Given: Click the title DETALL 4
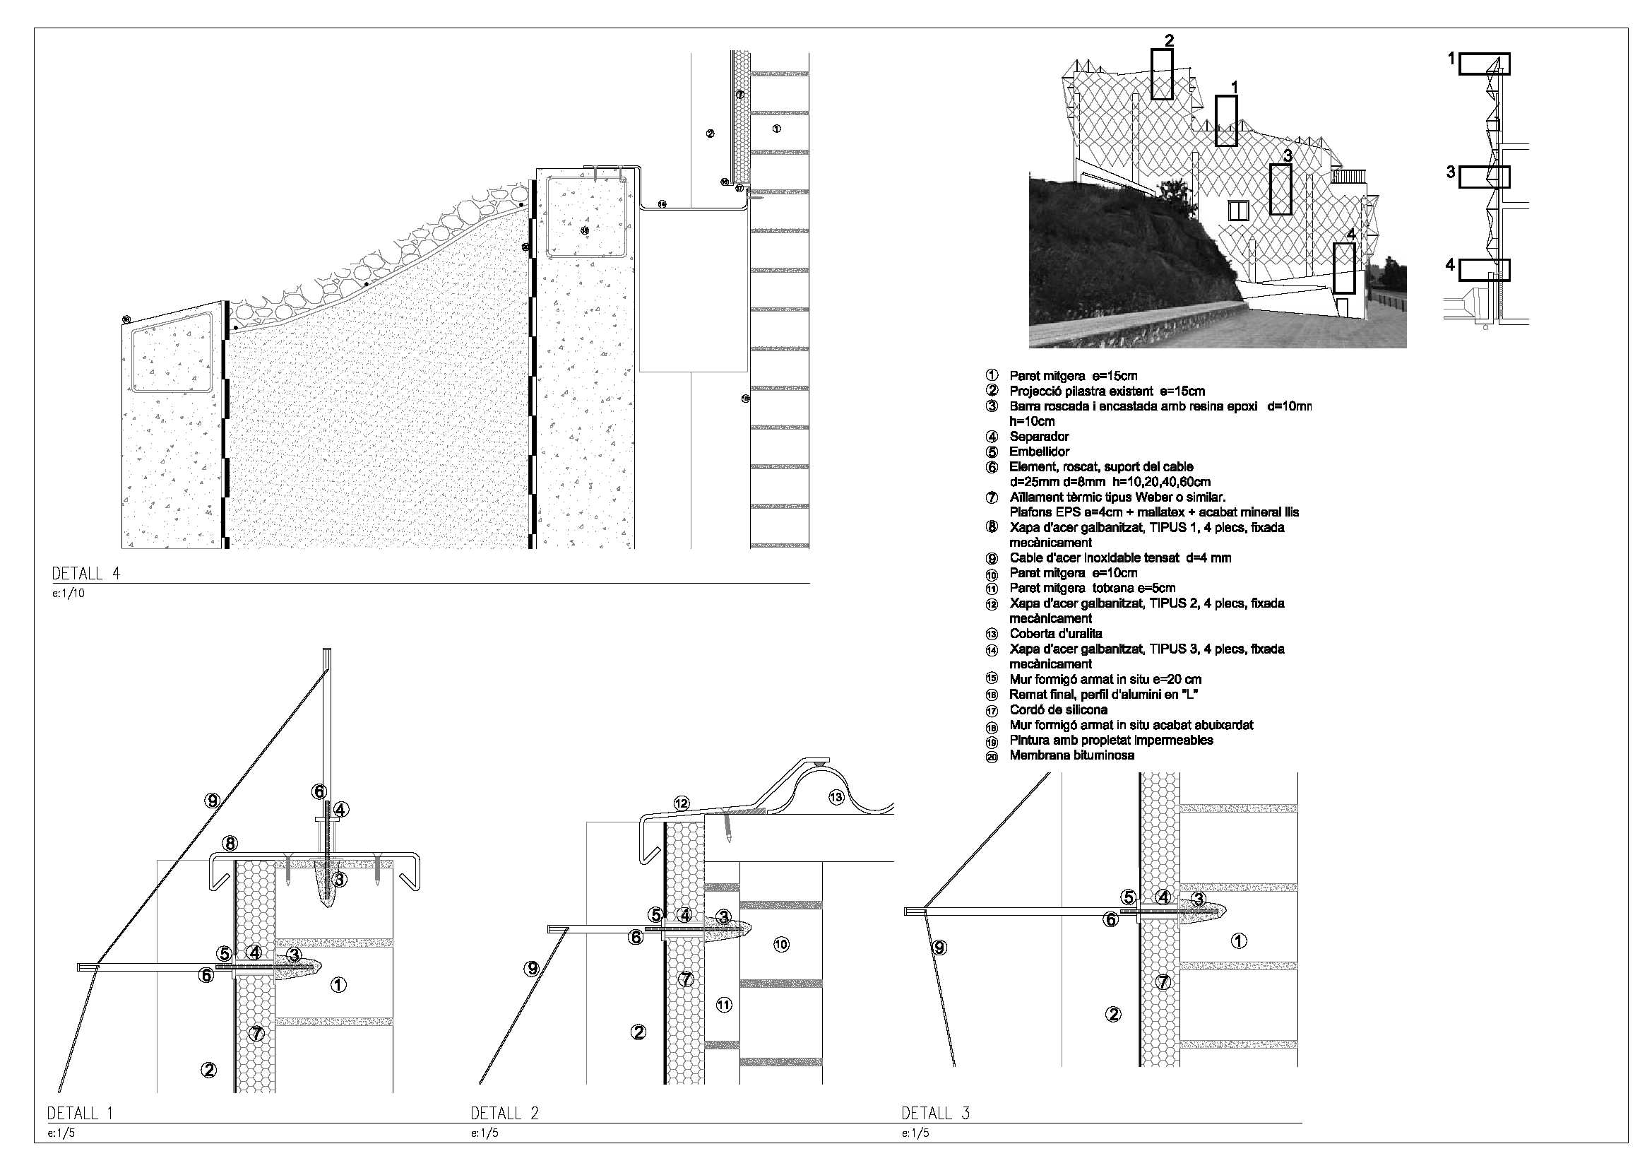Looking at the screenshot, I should (x=85, y=574).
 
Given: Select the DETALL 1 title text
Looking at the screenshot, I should (x=80, y=1114).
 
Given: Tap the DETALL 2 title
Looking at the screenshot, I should (x=504, y=1114).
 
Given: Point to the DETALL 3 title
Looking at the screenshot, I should (x=935, y=1114).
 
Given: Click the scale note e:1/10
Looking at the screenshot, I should (x=69, y=594).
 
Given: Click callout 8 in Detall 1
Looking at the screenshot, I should (x=230, y=843).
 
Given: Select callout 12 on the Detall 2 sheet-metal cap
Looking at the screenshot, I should (x=682, y=803).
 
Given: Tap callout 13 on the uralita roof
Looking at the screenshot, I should (x=836, y=796).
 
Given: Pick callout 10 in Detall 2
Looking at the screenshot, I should (x=781, y=944).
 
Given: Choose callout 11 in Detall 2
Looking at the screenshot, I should (x=724, y=1005).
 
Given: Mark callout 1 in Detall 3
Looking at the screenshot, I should (x=1238, y=940).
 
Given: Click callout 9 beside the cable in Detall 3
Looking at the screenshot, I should (x=939, y=948).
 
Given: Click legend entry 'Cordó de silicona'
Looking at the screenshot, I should (x=1058, y=709).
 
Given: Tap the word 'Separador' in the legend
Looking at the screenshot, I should (x=1039, y=436).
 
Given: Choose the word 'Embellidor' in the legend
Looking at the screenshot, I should (x=1039, y=452).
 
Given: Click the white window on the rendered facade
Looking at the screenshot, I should (x=1238, y=210).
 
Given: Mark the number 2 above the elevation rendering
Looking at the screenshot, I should (x=1169, y=40).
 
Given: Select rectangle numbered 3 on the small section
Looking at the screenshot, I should (x=1484, y=177).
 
